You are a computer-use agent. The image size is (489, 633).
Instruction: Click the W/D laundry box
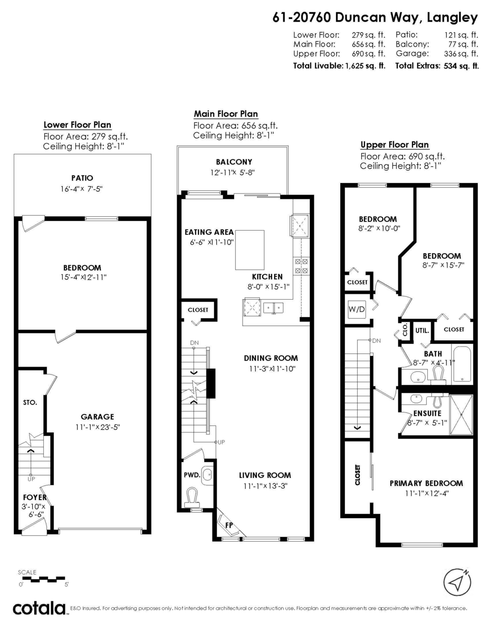point(357,309)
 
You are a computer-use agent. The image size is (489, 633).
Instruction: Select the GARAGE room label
point(97,417)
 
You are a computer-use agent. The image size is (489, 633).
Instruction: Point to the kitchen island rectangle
point(250,250)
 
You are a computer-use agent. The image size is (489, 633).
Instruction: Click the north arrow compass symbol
point(457,582)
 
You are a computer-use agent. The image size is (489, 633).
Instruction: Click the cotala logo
point(40,608)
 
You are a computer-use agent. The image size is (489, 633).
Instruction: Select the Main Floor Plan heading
point(226,113)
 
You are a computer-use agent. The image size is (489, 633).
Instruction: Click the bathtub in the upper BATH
point(462,364)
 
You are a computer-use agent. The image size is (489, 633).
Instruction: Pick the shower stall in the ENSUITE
point(462,415)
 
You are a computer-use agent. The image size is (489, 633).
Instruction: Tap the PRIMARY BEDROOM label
point(426,483)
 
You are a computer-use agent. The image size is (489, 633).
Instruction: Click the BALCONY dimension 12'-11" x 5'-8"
point(233,172)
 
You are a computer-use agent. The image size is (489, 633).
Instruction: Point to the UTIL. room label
point(422,331)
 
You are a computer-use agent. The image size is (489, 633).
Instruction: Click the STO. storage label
point(30,402)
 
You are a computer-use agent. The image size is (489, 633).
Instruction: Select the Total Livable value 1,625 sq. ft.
point(365,66)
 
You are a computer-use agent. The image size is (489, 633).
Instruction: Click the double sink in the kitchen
point(273,308)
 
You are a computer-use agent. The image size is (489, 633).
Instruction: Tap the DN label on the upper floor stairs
point(376,341)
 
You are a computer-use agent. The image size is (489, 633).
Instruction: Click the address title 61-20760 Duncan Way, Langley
point(375,18)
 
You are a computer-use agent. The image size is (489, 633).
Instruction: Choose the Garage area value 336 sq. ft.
point(461,54)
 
